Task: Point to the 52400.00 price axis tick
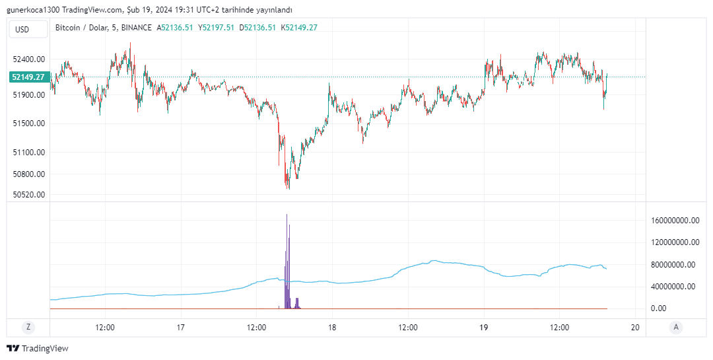click(29, 59)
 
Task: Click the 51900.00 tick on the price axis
click(29, 95)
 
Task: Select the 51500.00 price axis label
click(29, 124)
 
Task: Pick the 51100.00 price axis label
click(29, 153)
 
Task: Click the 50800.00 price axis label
click(29, 174)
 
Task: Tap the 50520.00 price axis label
click(29, 195)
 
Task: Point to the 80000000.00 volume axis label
click(675, 265)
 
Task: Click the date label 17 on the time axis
click(181, 327)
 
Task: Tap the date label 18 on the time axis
click(332, 327)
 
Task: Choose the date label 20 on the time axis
click(635, 327)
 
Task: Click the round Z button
click(28, 327)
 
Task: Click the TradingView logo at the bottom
click(38, 348)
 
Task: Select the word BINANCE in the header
click(137, 28)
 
